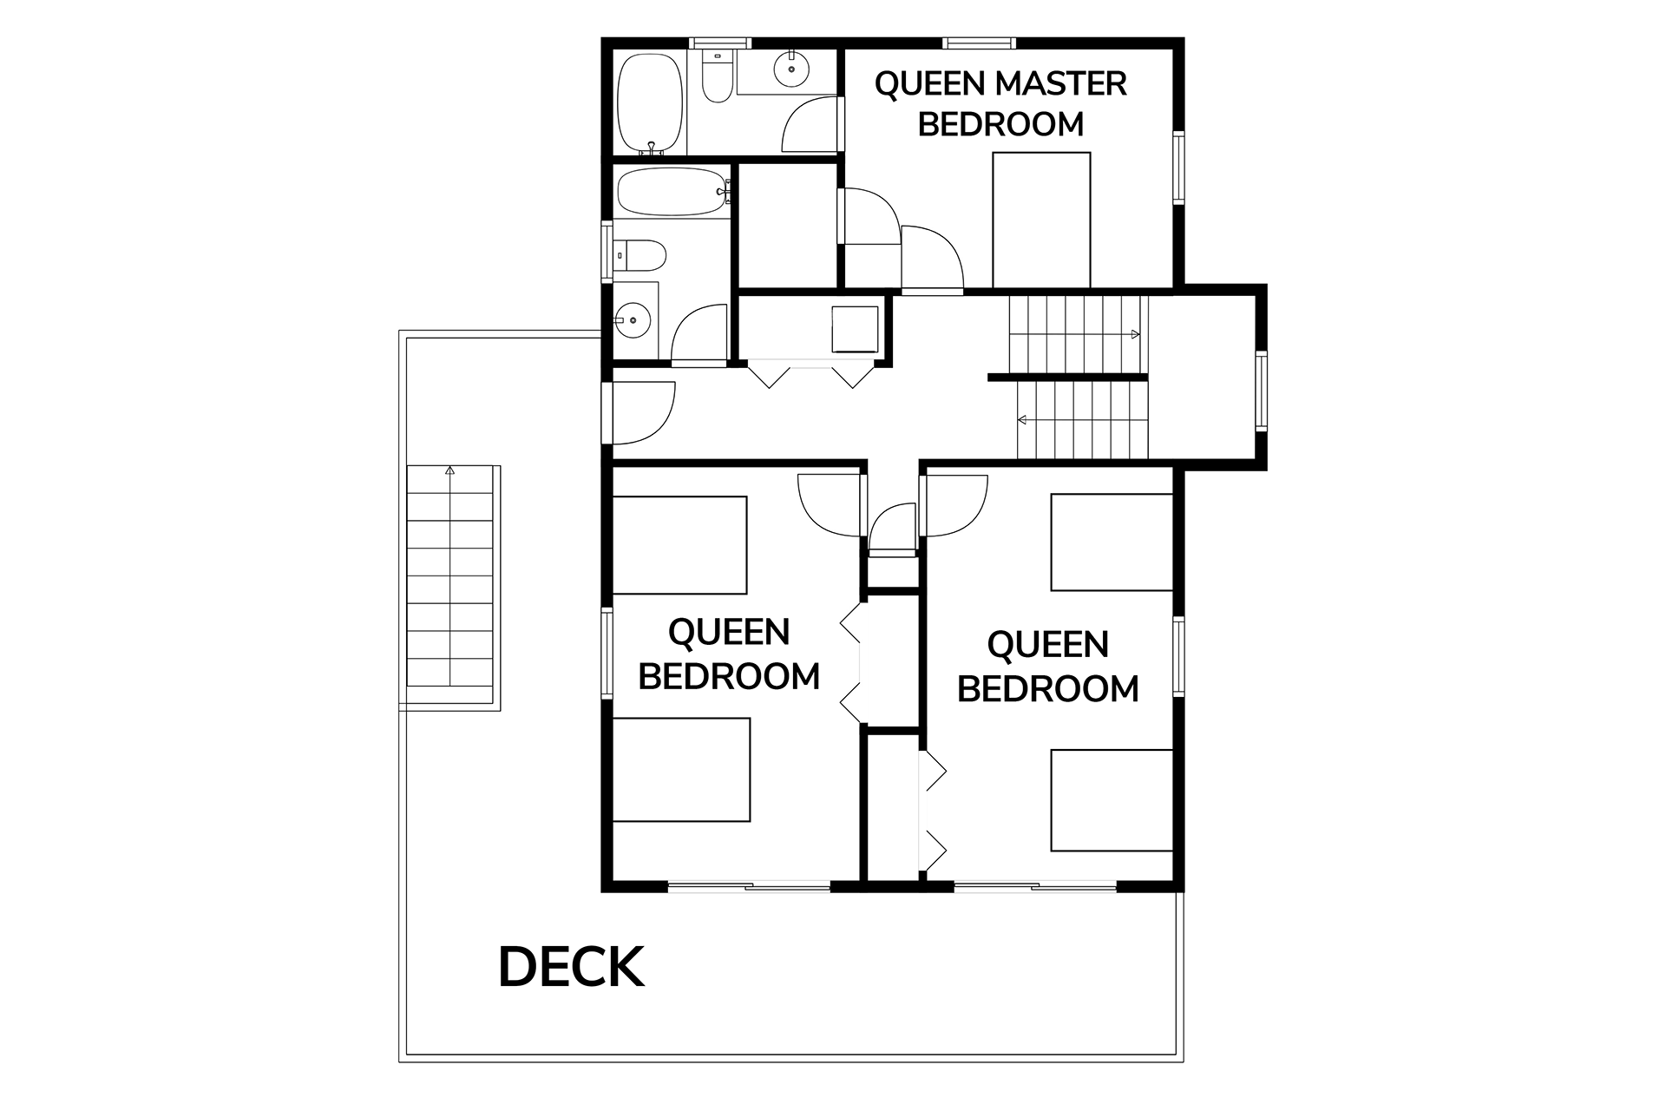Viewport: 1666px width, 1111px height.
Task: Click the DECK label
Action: click(571, 967)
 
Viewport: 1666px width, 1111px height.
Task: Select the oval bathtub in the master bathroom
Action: click(649, 103)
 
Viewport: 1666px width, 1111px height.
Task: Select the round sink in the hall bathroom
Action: click(634, 321)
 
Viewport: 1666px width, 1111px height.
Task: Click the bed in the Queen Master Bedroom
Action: click(1041, 220)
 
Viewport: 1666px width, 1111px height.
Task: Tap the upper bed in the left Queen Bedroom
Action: click(679, 545)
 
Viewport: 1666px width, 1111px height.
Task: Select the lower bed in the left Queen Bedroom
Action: click(681, 770)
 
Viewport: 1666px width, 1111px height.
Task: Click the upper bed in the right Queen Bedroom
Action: click(1112, 542)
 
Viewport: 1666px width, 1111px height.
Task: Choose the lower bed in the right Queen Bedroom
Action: click(1112, 800)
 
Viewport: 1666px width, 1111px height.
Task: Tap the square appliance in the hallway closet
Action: click(855, 329)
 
